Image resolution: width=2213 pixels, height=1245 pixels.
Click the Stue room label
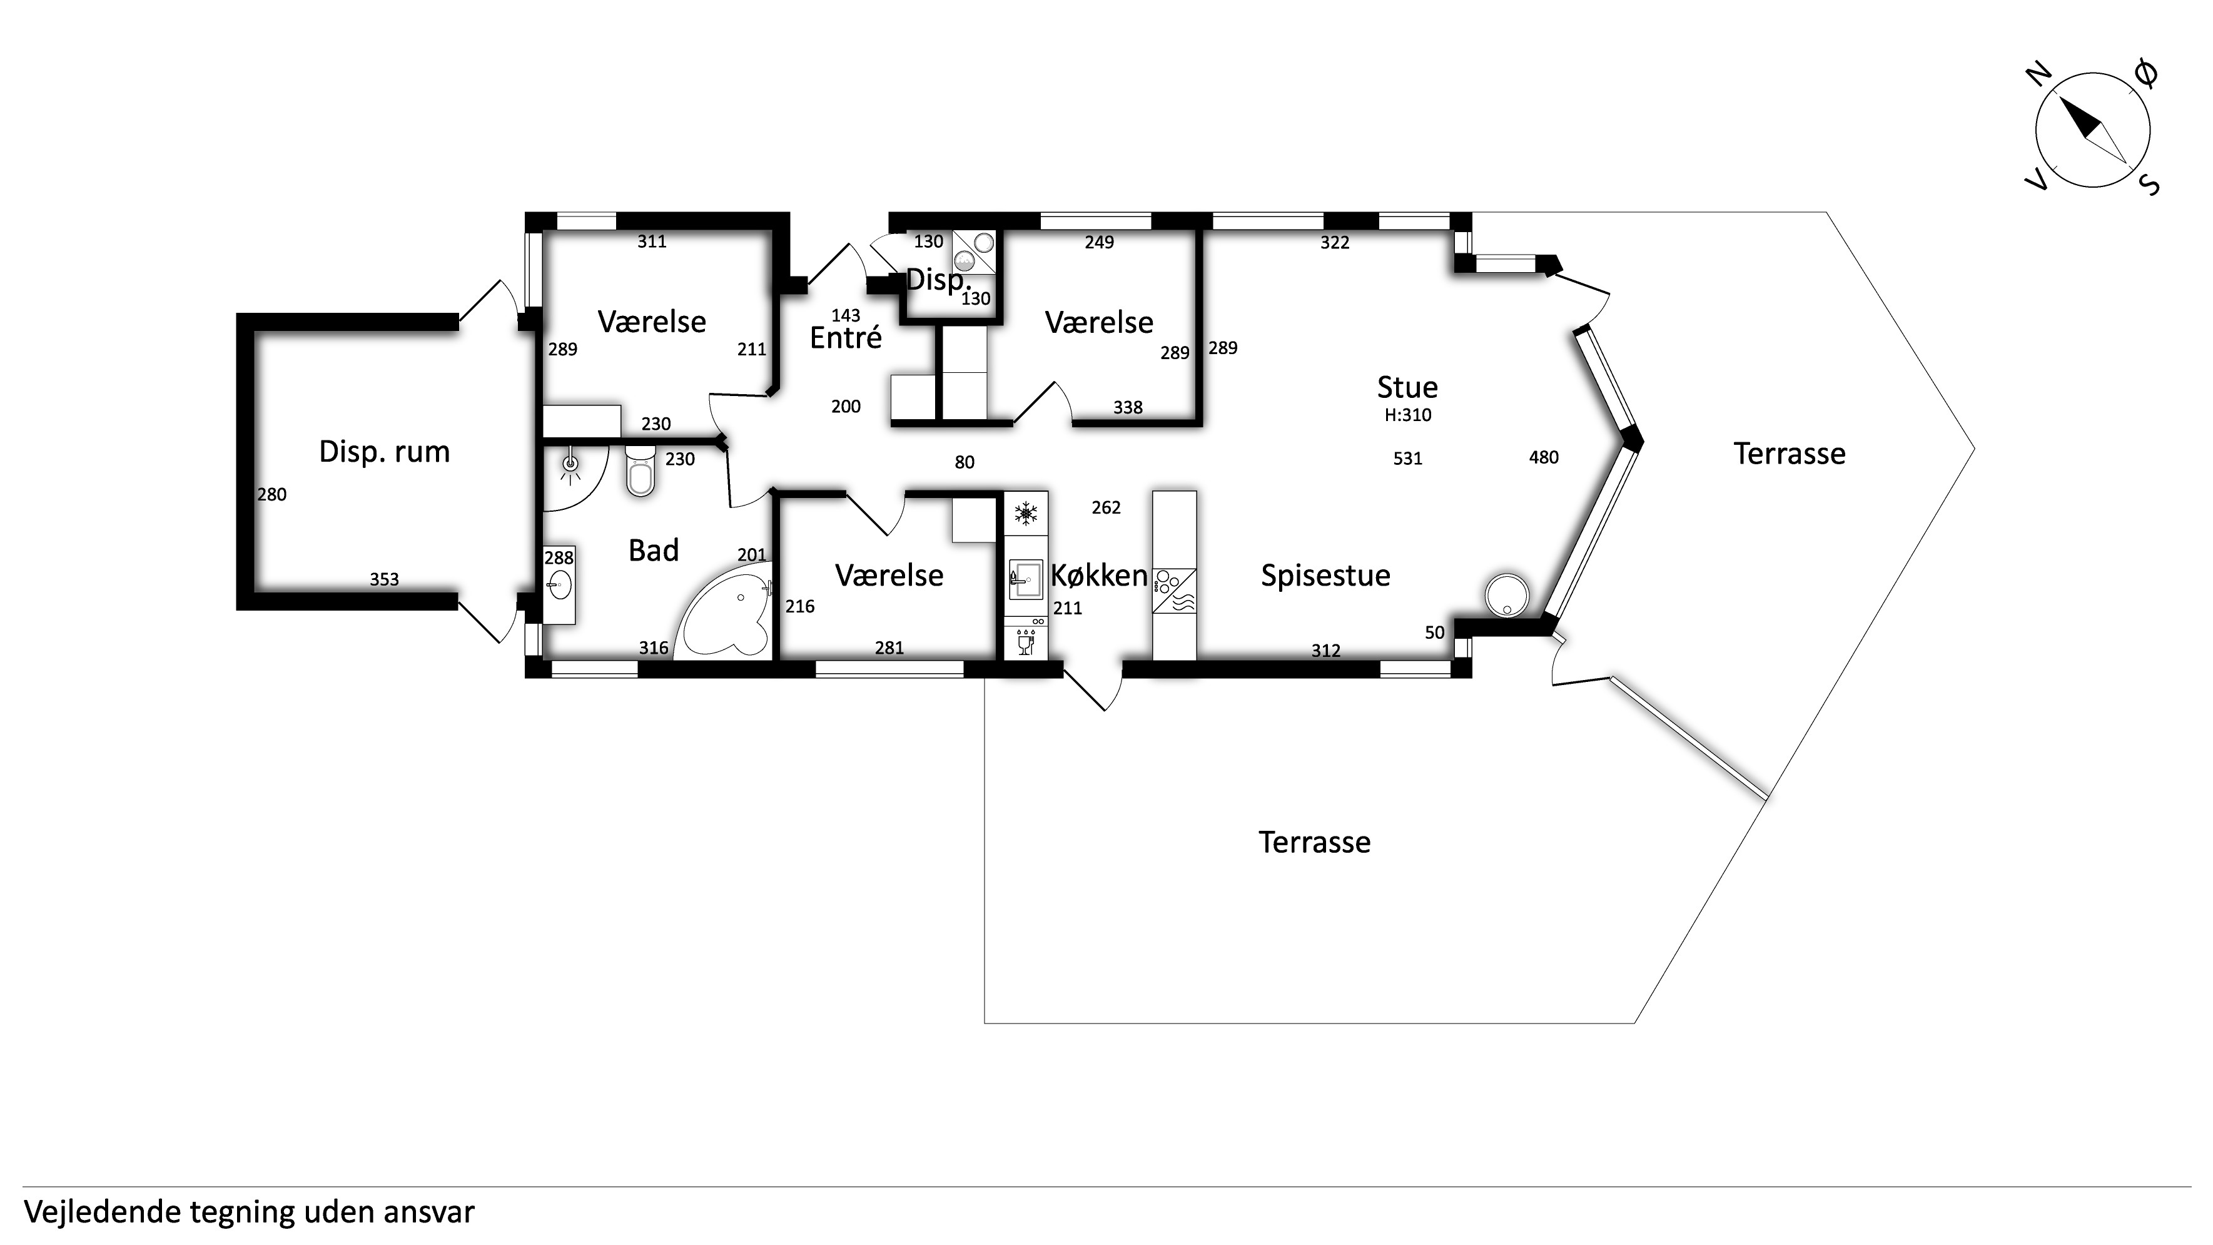point(1407,387)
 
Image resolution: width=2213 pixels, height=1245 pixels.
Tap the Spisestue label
point(1325,576)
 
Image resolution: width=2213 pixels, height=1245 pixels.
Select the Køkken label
point(1099,575)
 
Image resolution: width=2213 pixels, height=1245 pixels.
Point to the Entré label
point(845,338)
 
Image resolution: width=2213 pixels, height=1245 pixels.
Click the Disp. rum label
point(384,452)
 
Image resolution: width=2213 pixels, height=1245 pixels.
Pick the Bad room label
point(654,551)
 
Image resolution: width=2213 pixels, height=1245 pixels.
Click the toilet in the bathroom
point(640,470)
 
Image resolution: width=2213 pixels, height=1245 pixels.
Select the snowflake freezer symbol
point(1026,514)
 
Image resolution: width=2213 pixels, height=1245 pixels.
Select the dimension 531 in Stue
point(1407,459)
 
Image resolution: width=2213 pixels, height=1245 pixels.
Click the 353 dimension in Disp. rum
point(384,580)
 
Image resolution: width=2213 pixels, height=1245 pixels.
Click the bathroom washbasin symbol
point(559,587)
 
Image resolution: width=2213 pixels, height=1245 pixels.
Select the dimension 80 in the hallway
point(964,463)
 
